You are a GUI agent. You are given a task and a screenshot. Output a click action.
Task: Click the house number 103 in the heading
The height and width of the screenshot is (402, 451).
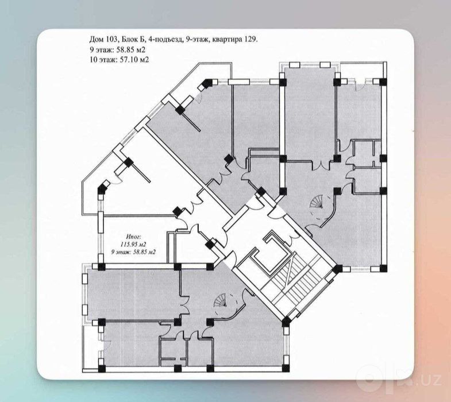tap(110, 40)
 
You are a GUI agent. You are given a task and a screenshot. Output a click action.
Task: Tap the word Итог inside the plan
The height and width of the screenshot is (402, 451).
tap(133, 237)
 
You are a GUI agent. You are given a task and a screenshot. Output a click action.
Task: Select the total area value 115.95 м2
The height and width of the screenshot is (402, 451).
tap(132, 245)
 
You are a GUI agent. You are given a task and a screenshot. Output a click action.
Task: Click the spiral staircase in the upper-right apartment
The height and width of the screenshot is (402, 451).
tap(318, 203)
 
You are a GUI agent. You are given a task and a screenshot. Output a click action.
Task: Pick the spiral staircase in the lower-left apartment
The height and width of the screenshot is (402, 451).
tap(222, 301)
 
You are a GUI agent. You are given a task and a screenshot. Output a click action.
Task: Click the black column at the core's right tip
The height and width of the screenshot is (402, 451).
tap(337, 269)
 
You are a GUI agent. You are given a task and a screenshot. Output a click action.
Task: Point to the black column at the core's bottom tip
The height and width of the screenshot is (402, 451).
tap(286, 321)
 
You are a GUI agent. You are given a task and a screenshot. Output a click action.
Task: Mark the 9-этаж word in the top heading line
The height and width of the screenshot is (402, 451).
tap(198, 40)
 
